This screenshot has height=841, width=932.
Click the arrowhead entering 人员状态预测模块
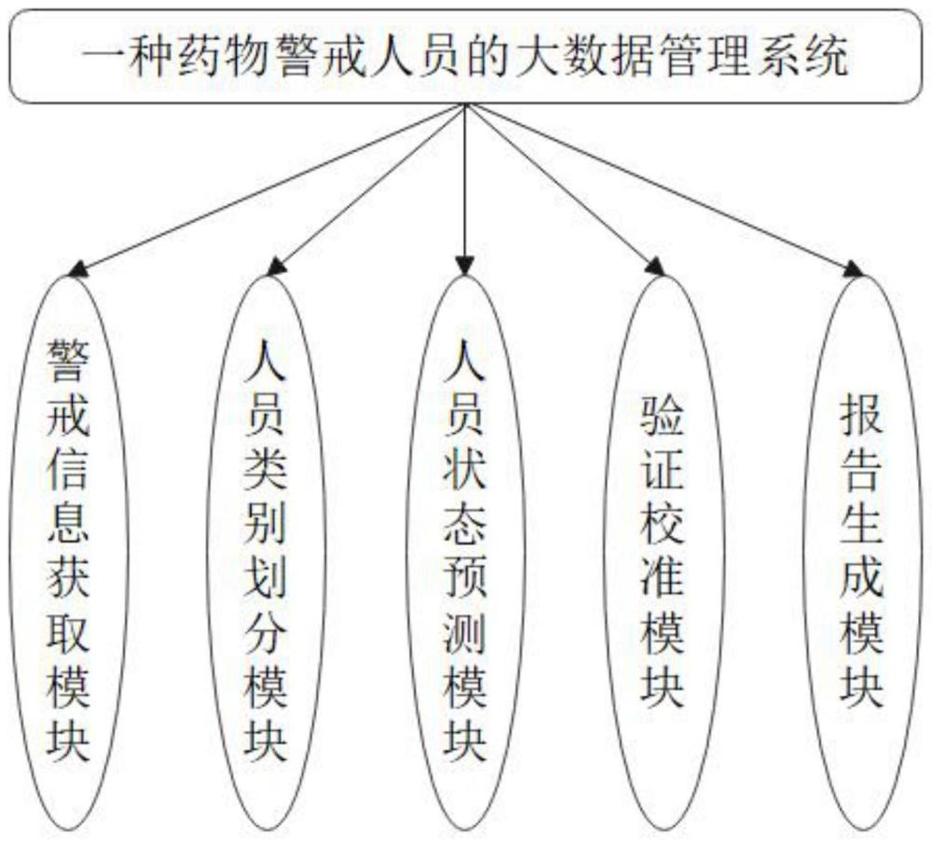pos(463,268)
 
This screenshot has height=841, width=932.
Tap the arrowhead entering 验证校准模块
pos(655,268)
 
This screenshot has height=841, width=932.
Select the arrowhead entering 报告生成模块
pos(852,269)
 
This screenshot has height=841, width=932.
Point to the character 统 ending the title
pos(826,59)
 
